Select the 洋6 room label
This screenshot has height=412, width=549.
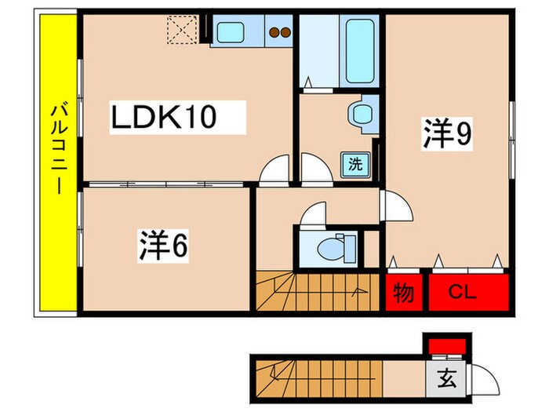[x=163, y=246]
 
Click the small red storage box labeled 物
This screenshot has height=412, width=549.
[x=403, y=293]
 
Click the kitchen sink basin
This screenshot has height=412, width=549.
[x=232, y=33]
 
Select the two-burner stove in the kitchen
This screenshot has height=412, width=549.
[x=280, y=33]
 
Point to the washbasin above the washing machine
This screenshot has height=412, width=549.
[x=363, y=114]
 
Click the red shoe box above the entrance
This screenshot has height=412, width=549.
[x=445, y=345]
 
